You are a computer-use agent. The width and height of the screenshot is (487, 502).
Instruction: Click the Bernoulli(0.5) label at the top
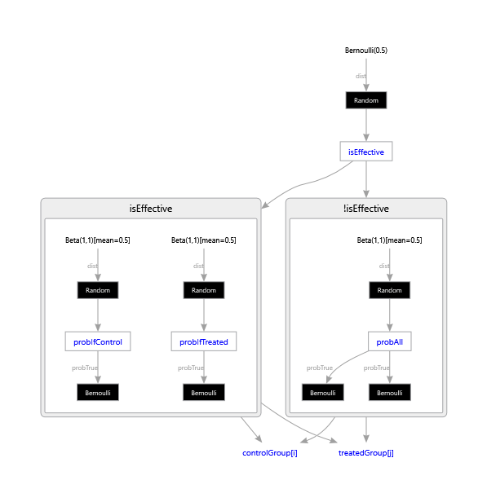point(366,51)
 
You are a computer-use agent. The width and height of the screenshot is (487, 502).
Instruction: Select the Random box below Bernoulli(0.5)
point(366,100)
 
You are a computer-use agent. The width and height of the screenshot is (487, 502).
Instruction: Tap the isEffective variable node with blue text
point(366,152)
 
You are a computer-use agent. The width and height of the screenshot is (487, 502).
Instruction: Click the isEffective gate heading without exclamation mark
point(151,209)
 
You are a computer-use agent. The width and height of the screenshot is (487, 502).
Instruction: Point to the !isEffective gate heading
point(366,209)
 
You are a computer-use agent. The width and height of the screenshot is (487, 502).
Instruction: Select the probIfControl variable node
point(98,341)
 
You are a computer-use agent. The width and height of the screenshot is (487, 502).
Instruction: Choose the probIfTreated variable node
point(204,341)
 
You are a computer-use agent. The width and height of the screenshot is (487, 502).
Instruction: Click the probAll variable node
point(390,341)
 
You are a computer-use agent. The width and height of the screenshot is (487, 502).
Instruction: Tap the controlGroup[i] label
point(270,452)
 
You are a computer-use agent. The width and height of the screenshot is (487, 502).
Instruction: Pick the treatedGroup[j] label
point(366,452)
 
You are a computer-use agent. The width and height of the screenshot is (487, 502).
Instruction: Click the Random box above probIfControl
point(98,290)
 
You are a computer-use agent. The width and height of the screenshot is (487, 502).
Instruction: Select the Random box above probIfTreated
point(204,290)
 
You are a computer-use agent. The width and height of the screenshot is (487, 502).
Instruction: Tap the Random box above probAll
point(390,290)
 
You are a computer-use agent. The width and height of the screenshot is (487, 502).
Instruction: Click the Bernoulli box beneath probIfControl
point(98,393)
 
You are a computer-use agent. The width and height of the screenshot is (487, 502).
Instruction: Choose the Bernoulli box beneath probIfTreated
point(204,393)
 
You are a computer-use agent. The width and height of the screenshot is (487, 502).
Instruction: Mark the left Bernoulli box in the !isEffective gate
point(323,393)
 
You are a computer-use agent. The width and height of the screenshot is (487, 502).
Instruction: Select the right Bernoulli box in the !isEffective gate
point(390,393)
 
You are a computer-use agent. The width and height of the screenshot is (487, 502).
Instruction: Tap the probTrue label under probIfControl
point(84,368)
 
